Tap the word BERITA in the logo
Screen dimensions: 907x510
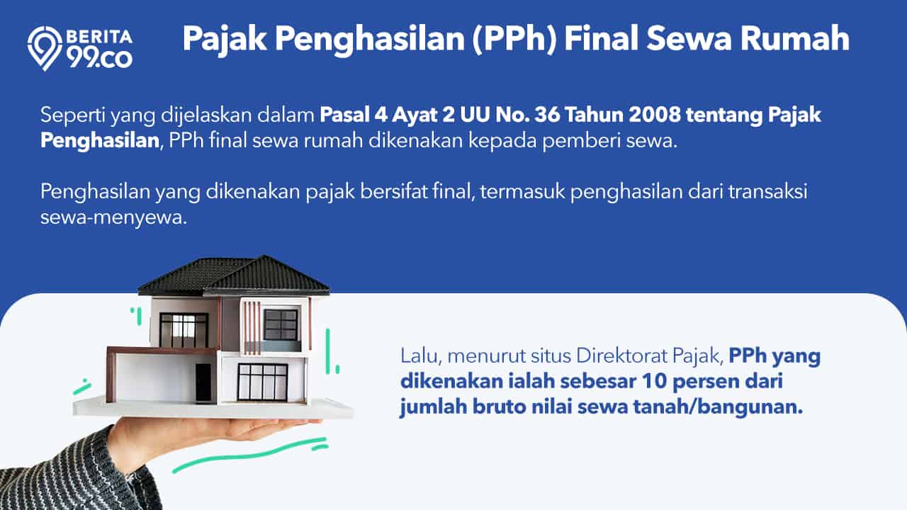point(98,37)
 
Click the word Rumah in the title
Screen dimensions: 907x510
point(795,38)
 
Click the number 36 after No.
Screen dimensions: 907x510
point(547,115)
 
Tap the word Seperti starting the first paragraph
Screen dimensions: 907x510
point(73,115)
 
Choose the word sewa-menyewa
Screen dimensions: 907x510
point(114,217)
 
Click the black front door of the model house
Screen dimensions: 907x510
point(203,382)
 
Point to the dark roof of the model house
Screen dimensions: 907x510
point(234,276)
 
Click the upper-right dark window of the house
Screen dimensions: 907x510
point(280,325)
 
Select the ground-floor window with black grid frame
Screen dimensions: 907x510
point(262,382)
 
